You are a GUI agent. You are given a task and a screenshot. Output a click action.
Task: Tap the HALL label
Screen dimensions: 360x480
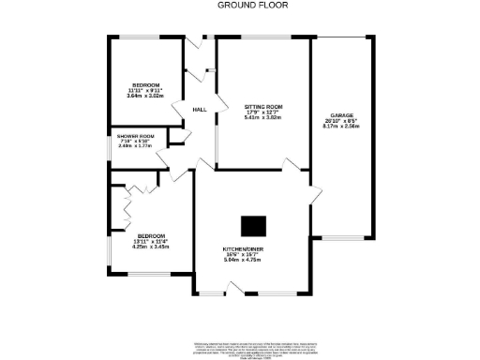coord(199,111)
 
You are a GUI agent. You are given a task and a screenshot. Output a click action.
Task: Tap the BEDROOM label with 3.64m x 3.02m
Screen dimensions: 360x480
coord(144,84)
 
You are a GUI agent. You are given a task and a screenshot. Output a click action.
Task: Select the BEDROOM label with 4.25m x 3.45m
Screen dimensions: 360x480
coord(152,236)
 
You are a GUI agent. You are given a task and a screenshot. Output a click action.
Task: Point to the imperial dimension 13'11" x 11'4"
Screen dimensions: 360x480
coord(152,242)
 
